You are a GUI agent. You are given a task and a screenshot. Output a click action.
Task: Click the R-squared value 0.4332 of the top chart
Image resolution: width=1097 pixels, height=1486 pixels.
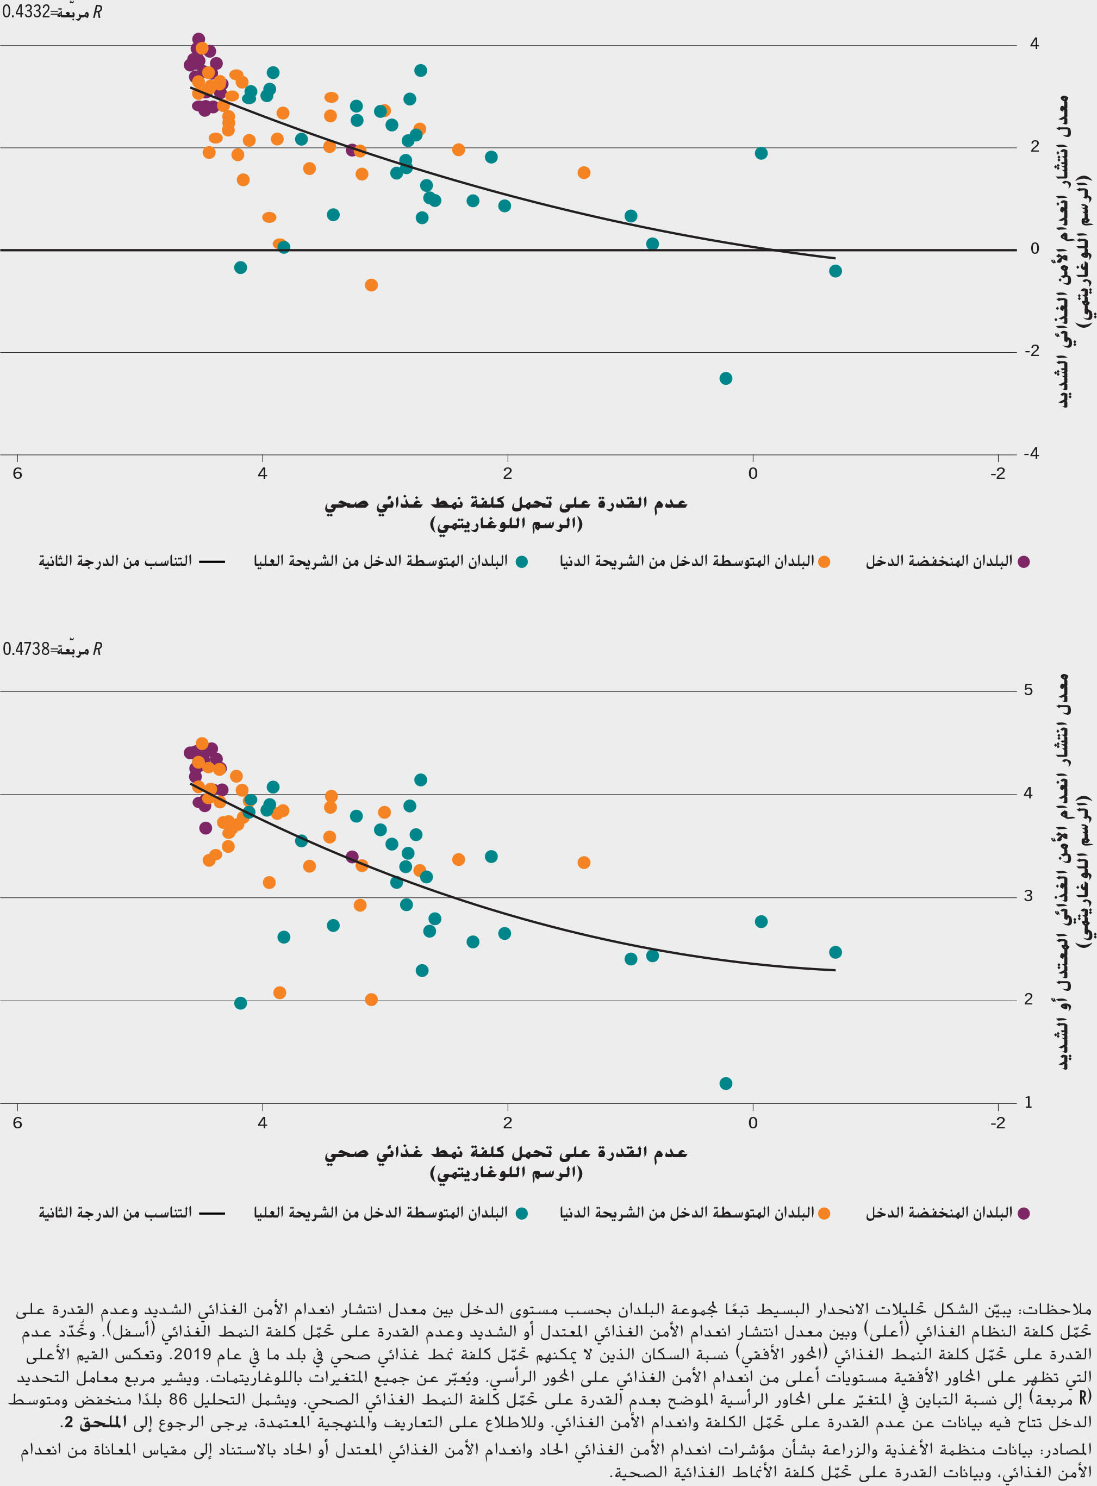point(25,12)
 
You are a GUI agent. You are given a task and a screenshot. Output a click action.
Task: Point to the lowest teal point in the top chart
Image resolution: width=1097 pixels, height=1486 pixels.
point(726,378)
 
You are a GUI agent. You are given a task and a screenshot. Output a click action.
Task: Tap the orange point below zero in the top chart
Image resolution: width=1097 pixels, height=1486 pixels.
point(371,285)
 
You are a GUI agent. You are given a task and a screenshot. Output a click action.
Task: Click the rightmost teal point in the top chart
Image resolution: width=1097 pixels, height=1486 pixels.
point(836,271)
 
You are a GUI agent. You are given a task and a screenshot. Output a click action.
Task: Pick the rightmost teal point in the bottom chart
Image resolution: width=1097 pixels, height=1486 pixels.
point(836,952)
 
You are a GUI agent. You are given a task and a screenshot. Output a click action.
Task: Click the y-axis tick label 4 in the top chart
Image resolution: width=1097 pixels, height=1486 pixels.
point(1034,44)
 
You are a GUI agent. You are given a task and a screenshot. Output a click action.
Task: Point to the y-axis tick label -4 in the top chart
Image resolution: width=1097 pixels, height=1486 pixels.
point(1031,453)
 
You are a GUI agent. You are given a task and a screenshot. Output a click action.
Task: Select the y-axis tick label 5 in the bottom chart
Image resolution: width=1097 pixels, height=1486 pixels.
point(1028,690)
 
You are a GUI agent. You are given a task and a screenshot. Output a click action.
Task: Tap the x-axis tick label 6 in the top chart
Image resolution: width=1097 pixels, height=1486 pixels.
point(17,473)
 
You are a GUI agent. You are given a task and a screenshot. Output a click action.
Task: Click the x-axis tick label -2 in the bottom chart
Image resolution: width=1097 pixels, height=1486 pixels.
point(998,1123)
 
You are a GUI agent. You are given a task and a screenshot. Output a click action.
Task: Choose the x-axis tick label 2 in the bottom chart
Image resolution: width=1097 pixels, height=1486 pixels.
point(507,1123)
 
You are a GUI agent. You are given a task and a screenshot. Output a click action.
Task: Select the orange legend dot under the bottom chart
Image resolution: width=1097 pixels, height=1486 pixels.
point(824,1214)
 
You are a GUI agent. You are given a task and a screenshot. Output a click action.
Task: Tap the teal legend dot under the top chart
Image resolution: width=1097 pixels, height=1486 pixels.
point(522,561)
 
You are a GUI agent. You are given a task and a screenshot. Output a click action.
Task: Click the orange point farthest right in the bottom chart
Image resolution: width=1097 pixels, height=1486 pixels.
point(584,863)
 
